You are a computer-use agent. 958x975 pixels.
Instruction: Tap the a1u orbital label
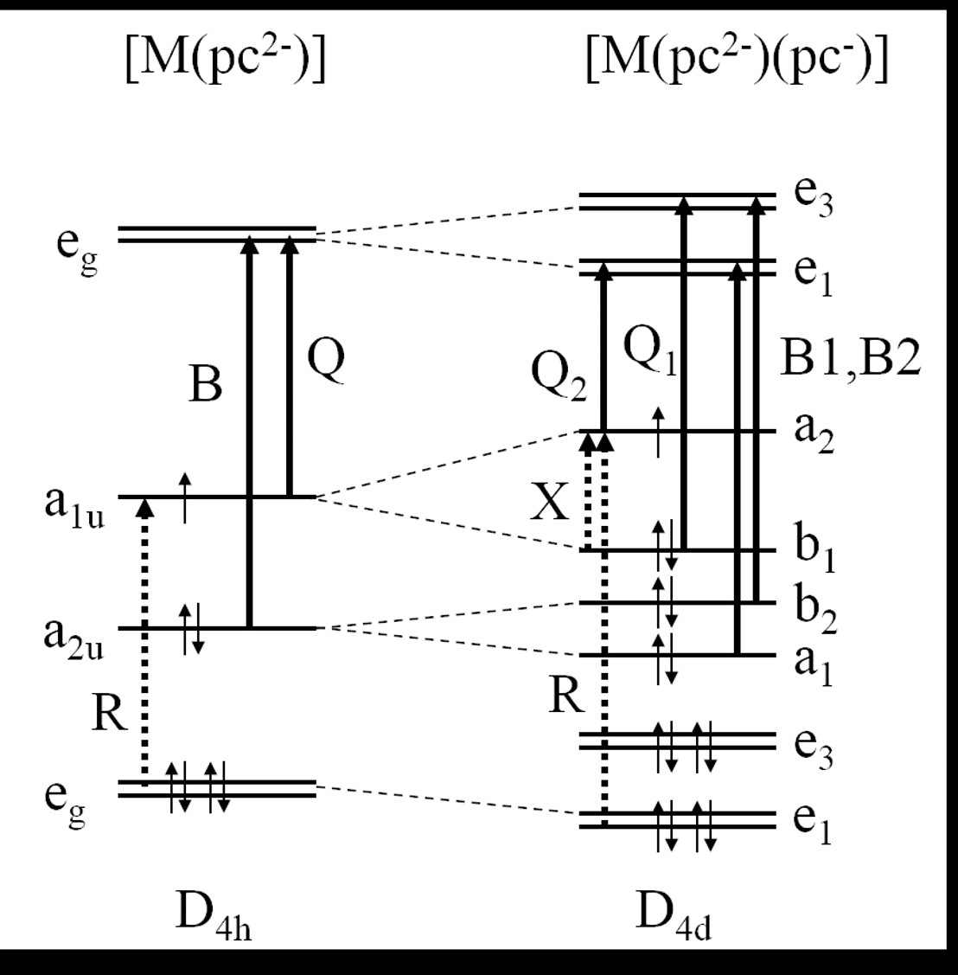[74, 505]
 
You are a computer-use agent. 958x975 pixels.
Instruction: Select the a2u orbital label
[74, 636]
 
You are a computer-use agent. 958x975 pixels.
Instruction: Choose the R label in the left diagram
[110, 715]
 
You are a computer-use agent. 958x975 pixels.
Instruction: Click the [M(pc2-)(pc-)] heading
[737, 61]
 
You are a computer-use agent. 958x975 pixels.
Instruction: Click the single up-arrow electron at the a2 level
[660, 431]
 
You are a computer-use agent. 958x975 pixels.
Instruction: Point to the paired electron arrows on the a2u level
[191, 629]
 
